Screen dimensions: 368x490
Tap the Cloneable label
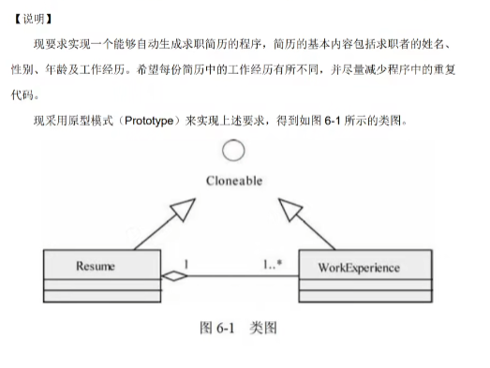tap(234, 181)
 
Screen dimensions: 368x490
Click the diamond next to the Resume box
tap(170, 275)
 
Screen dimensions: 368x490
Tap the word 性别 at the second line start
tap(29, 68)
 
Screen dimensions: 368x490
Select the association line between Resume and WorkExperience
tap(234, 275)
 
